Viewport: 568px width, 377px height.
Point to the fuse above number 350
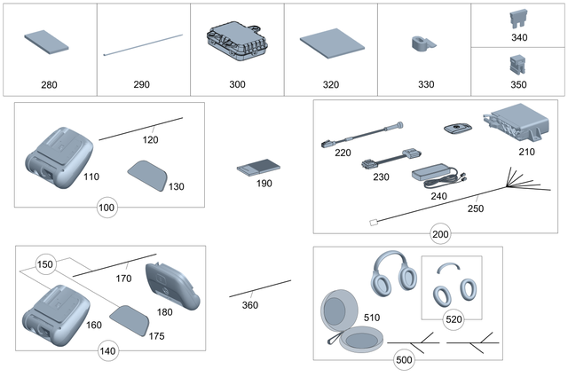click(519, 63)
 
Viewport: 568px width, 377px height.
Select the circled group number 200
click(439, 234)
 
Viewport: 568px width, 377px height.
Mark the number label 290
click(141, 84)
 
